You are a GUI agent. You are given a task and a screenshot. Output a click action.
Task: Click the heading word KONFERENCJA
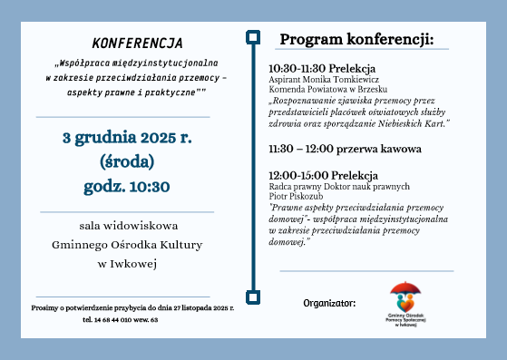click(137, 44)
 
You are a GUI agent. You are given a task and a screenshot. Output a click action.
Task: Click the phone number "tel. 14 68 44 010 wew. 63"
click(120, 319)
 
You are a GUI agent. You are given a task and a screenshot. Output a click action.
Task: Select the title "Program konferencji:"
click(356, 40)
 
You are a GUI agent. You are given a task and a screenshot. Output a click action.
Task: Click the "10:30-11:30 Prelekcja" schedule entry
click(322, 69)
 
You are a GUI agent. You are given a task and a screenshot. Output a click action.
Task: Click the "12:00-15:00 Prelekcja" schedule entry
click(322, 175)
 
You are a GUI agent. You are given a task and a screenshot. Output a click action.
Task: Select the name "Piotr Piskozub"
click(297, 195)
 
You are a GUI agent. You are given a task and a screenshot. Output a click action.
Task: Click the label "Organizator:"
click(330, 303)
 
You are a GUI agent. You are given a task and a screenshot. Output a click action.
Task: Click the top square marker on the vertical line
click(253, 37)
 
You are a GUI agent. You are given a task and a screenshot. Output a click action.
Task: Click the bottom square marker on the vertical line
click(253, 296)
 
